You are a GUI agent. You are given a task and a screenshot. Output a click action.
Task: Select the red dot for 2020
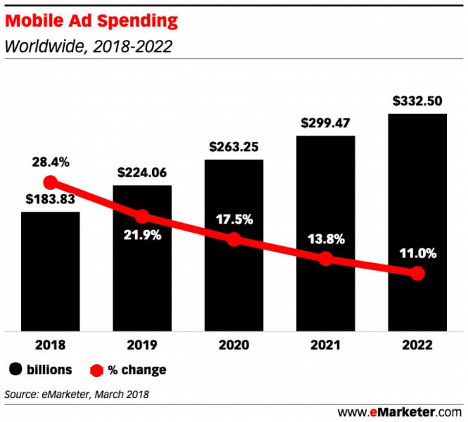pyautogui.click(x=234, y=239)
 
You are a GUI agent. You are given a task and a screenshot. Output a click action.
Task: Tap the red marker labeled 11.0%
pyautogui.click(x=417, y=273)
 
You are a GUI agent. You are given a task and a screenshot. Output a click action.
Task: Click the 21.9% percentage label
pyautogui.click(x=142, y=235)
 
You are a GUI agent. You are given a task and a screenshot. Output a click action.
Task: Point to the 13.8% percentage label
pyautogui.click(x=325, y=239)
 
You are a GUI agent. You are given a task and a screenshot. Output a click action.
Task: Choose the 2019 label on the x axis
pyautogui.click(x=142, y=345)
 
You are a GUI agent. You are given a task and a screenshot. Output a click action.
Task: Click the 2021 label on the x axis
pyautogui.click(x=325, y=345)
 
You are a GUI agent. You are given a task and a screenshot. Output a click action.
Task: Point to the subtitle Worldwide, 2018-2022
pyautogui.click(x=89, y=47)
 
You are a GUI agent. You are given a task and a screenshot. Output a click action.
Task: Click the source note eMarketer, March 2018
pyautogui.click(x=77, y=393)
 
